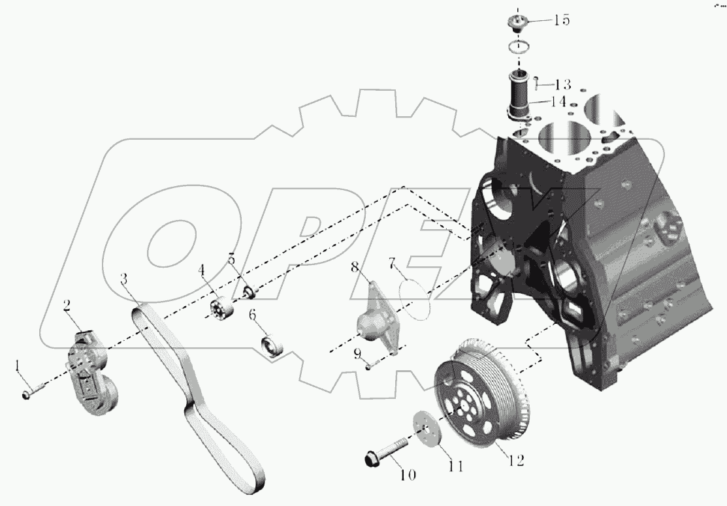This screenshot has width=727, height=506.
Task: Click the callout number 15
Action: tap(561, 20)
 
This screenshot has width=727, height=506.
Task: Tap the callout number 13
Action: tap(562, 84)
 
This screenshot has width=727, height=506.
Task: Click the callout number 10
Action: tap(406, 475)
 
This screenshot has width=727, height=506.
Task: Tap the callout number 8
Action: tap(372, 267)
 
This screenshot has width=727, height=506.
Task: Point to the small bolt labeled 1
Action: tap(33, 392)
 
